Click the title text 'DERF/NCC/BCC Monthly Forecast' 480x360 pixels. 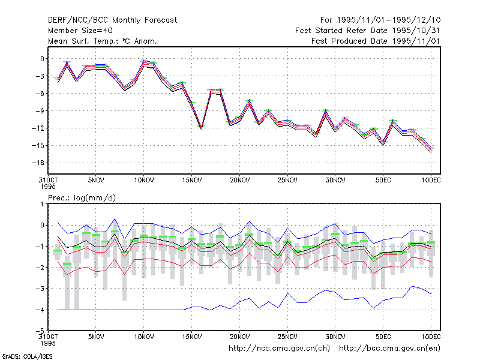coord(112,20)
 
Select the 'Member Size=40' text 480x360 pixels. coord(80,31)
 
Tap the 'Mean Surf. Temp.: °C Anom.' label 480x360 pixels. coord(103,41)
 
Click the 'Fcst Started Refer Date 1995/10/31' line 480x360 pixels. coord(367,31)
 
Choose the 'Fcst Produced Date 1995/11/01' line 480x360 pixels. coord(376,41)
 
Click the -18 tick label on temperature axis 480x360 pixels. coord(38,163)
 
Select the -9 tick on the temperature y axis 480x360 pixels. coord(40,111)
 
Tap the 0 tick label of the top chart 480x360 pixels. coord(42,59)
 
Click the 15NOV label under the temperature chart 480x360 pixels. coord(192,181)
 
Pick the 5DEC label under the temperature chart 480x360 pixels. coord(383,181)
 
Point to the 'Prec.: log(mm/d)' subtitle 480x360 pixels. coord(82,198)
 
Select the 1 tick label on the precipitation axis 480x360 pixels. coord(42,204)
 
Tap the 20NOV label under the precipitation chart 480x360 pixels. coord(239,337)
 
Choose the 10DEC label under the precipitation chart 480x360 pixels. coord(431,337)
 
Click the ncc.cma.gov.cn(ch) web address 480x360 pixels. coord(279,349)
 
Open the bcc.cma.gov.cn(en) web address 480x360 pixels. coord(389,349)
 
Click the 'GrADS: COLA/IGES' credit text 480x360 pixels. coord(27,356)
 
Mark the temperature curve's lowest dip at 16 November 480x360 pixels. coord(202,128)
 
